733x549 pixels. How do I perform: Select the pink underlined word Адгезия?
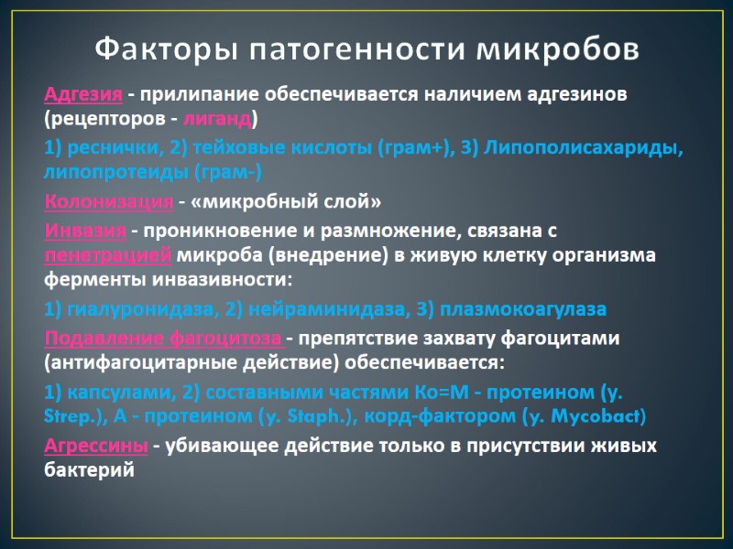[x=83, y=95]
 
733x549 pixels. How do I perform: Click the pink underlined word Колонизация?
[x=108, y=201]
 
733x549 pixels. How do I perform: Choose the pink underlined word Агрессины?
[x=96, y=447]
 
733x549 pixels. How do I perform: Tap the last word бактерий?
[x=89, y=470]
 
